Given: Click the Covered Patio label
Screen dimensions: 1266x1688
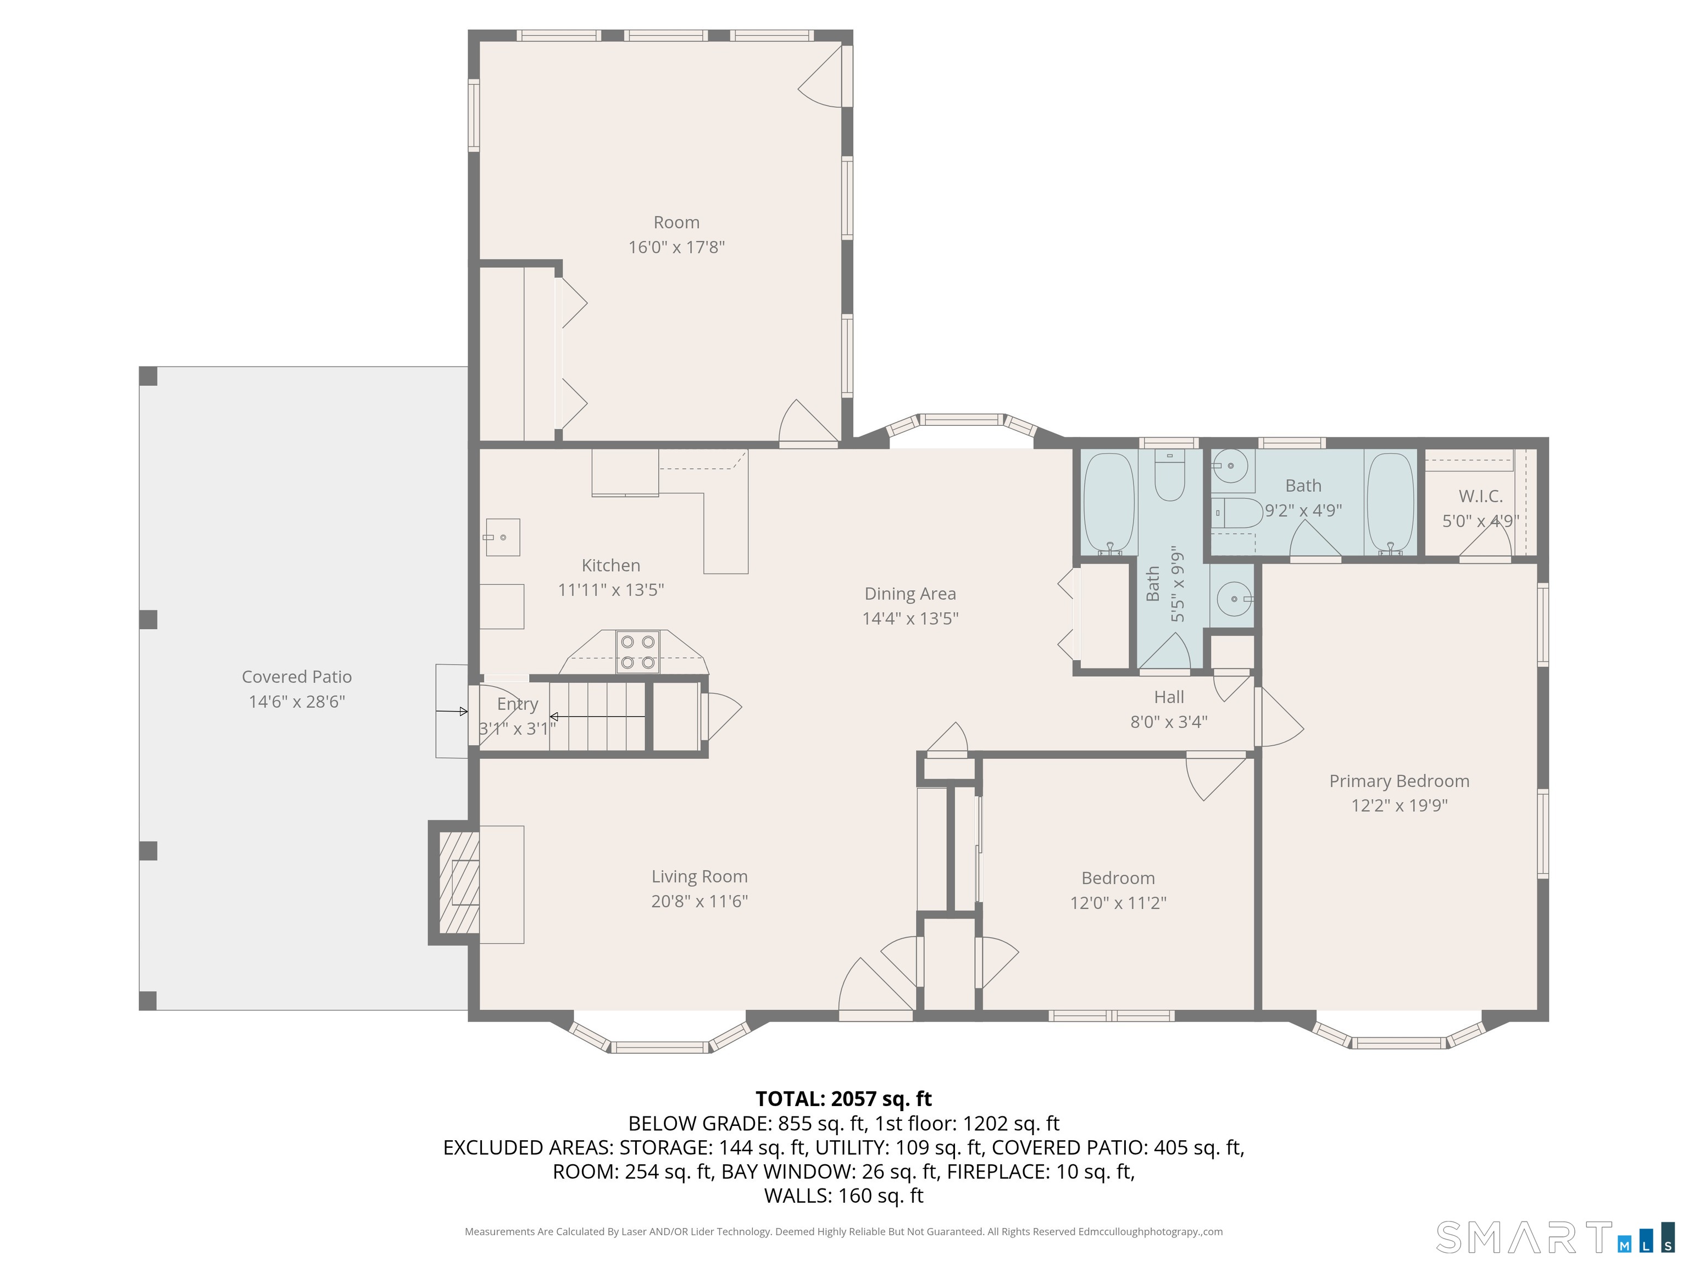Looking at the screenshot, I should [x=296, y=677].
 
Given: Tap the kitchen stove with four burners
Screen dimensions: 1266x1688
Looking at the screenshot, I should [x=637, y=652].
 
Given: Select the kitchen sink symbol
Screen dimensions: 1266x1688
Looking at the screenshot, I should [x=503, y=537].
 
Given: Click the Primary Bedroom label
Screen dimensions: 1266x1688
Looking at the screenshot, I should [x=1399, y=781].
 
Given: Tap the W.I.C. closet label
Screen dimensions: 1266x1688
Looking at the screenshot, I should [x=1480, y=496].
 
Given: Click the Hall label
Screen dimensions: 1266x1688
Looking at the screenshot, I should [x=1168, y=697].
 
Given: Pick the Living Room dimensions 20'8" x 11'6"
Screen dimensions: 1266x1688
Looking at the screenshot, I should [x=699, y=901].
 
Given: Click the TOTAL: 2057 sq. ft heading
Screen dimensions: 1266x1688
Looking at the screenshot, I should [x=843, y=1099].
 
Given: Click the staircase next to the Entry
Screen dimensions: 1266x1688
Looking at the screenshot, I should [x=599, y=717].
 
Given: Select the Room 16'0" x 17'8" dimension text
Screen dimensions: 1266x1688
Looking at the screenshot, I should [x=676, y=247].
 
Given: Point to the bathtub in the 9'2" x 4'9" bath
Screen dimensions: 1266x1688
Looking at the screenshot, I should [x=1390, y=503].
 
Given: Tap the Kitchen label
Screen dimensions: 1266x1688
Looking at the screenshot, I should [x=610, y=565].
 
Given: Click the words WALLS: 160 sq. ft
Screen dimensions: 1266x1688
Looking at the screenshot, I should [x=843, y=1196].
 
